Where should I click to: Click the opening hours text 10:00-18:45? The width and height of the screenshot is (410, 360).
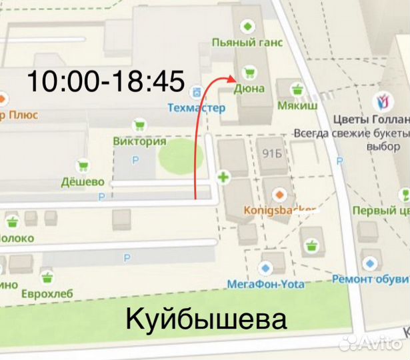pos(105,81)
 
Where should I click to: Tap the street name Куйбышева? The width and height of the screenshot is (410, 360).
pos(206,319)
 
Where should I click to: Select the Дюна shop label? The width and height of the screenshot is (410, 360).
pos(249,88)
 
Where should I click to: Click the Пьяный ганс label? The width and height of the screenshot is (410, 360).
pos(247,43)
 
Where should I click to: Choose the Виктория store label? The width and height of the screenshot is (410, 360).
pos(139,141)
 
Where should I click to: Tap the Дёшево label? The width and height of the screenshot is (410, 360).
pos(83,181)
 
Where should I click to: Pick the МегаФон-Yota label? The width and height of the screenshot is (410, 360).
pos(266,284)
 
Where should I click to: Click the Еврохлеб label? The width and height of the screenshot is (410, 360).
pos(46,293)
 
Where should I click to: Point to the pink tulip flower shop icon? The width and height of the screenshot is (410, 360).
pos(382,101)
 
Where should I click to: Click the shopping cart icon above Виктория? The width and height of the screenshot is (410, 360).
pos(139,125)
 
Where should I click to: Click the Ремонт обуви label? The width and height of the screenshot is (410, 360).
pos(370,279)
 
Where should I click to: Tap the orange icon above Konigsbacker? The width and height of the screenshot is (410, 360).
pos(280,195)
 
